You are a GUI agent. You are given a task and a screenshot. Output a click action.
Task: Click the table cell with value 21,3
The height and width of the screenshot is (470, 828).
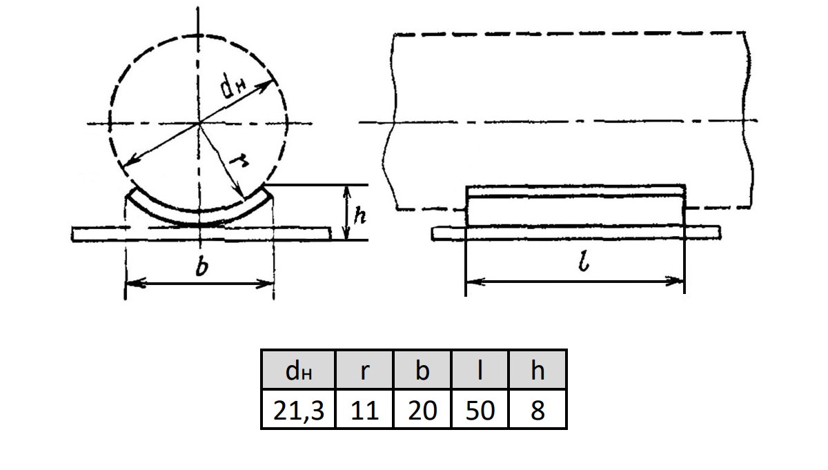pyautogui.click(x=298, y=409)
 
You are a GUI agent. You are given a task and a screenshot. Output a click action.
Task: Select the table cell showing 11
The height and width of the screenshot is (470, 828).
pyautogui.click(x=364, y=409)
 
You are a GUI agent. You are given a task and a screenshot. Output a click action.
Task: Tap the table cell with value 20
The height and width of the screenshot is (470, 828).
pyautogui.click(x=422, y=409)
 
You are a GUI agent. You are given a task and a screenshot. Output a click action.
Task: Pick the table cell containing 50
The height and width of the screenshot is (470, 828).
pyautogui.click(x=480, y=409)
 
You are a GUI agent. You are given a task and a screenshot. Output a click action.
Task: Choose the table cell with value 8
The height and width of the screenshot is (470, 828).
pyautogui.click(x=538, y=409)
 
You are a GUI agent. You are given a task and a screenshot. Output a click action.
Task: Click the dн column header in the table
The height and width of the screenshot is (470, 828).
pyautogui.click(x=298, y=370)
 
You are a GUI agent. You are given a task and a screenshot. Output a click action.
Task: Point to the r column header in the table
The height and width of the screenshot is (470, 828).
pyautogui.click(x=364, y=370)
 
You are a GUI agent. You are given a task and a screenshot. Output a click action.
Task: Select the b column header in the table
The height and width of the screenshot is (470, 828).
pyautogui.click(x=422, y=370)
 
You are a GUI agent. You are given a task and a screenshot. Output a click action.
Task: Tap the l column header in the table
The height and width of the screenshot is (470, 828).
pyautogui.click(x=480, y=370)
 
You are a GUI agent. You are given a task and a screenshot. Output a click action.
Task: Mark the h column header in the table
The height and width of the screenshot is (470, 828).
pyautogui.click(x=538, y=370)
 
